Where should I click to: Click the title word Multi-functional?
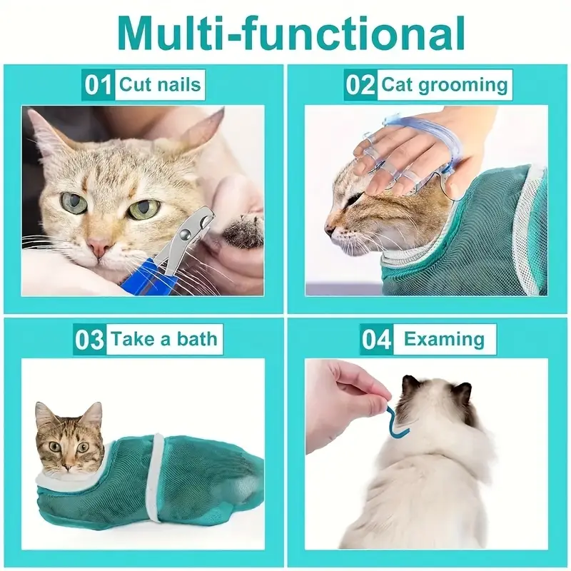pyautogui.click(x=285, y=32)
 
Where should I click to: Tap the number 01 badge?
pyautogui.click(x=98, y=85)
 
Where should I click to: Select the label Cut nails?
pyautogui.click(x=160, y=85)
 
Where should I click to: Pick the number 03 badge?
pyautogui.click(x=90, y=338)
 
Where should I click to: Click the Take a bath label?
pyautogui.click(x=163, y=338)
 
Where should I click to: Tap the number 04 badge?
pyautogui.click(x=376, y=338)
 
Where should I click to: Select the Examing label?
pyautogui.click(x=444, y=338)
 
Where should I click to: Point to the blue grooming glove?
pyautogui.click(x=403, y=153)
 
